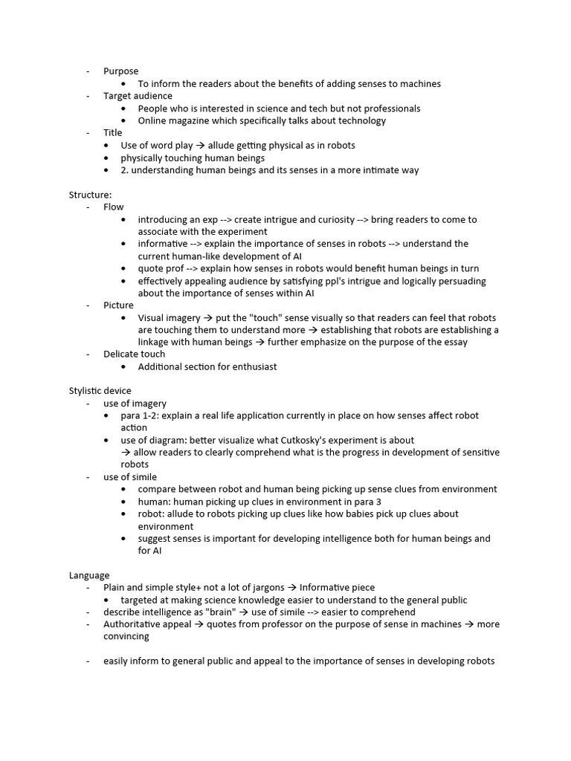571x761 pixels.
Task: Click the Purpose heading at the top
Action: (120, 71)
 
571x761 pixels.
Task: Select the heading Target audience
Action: (138, 96)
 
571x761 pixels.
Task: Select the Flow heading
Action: (113, 207)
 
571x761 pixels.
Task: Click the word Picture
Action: (118, 305)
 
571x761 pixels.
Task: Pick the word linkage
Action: (155, 342)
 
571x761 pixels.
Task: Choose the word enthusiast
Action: (252, 366)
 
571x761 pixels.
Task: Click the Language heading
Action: (89, 575)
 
